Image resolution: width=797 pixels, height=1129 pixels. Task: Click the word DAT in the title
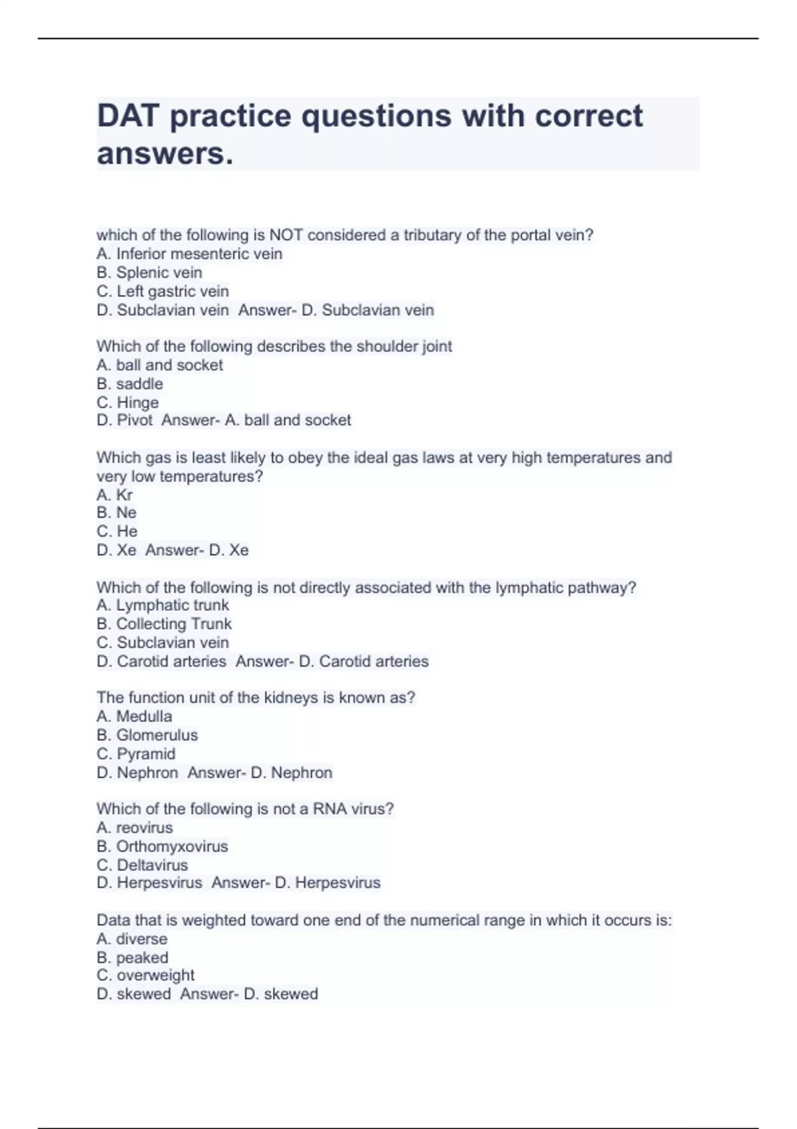[128, 116]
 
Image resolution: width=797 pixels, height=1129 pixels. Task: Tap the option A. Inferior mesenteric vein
[189, 254]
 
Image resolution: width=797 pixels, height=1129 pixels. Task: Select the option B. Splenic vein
[149, 272]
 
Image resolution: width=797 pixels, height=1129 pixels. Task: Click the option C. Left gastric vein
[163, 291]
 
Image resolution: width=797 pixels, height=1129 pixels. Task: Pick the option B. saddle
[130, 384]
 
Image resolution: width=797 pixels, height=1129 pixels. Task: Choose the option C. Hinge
[128, 402]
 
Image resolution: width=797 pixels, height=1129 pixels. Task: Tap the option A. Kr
[114, 495]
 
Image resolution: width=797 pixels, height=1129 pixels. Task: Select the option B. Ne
[116, 513]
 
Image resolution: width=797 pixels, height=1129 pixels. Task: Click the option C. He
[117, 531]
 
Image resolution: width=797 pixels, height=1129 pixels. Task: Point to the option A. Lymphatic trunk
[163, 605]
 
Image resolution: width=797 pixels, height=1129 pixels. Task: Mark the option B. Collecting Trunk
[164, 624]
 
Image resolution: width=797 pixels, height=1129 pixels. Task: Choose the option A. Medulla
[134, 717]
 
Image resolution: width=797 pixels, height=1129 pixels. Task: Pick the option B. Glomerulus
[147, 735]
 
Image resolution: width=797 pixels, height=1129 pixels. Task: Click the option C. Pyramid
[136, 754]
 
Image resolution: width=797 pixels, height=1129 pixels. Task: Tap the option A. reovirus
[135, 827]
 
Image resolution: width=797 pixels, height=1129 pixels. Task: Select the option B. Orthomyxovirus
[162, 846]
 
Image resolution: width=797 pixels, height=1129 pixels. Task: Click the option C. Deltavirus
[142, 865]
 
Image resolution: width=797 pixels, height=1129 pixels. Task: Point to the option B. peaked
[132, 958]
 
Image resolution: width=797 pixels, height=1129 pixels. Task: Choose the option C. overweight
[145, 975]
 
